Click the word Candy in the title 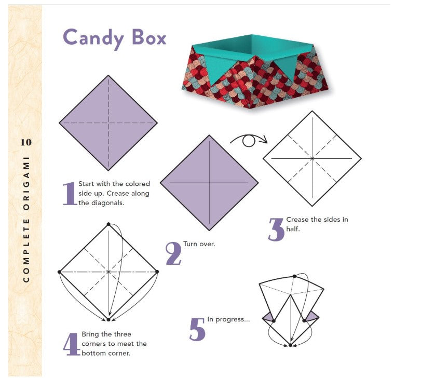click(x=93, y=38)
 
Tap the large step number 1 click(x=70, y=194)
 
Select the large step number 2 click(x=173, y=253)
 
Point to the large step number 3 click(x=276, y=229)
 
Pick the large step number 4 click(x=72, y=344)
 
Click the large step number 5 click(x=197, y=329)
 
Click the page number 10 click(x=26, y=142)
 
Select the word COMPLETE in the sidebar click(x=26, y=250)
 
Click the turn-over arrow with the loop click(x=249, y=140)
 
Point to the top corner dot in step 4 click(x=108, y=224)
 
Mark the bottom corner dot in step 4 click(x=108, y=319)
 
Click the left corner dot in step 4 click(x=59, y=272)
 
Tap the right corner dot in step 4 click(x=157, y=272)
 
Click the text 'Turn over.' click(x=199, y=244)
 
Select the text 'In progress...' click(x=228, y=319)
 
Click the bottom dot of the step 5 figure click(x=290, y=345)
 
